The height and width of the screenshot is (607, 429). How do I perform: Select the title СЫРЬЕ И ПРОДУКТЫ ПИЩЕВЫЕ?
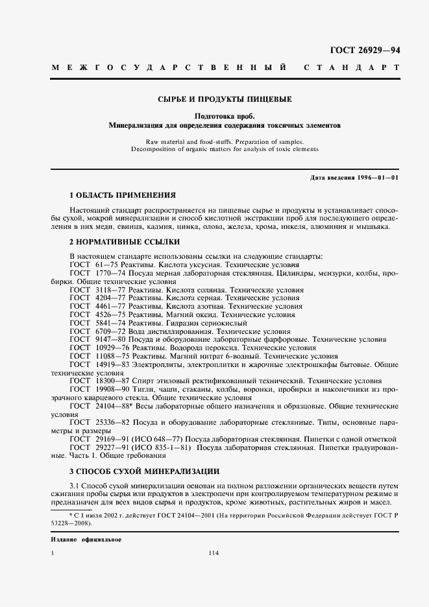(x=225, y=99)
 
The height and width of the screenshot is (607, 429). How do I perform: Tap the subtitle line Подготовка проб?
(x=225, y=115)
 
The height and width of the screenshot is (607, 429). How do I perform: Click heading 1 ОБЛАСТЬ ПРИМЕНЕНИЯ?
(x=123, y=195)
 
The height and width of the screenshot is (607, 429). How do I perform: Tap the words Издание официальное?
(x=86, y=540)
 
